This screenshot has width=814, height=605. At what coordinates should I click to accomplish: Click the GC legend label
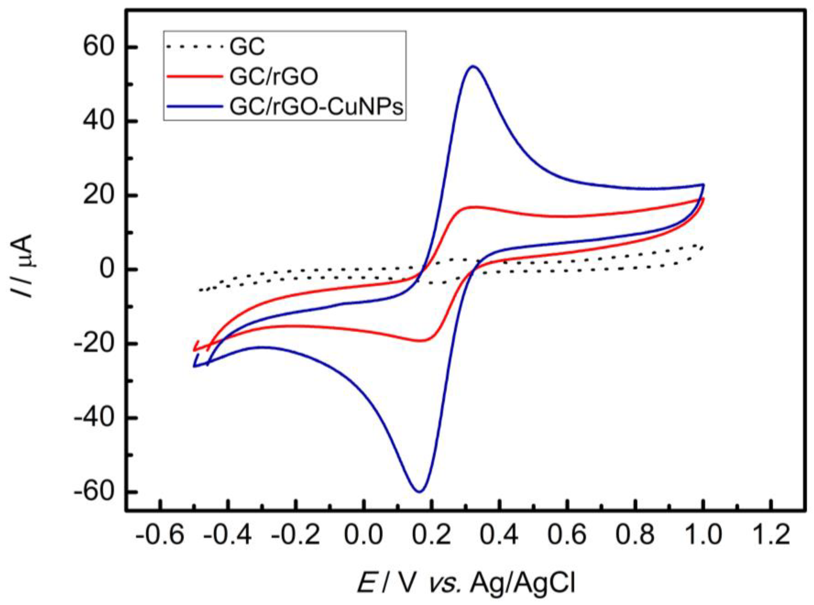coord(247,47)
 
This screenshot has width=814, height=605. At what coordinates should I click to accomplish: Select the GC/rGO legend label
coord(274,77)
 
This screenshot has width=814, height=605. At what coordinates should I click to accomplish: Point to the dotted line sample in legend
coord(195,47)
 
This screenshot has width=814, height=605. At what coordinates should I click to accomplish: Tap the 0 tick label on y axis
coord(108,270)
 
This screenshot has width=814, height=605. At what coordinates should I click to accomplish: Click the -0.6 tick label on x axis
coord(160,535)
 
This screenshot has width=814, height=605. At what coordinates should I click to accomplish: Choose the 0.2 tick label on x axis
coord(432,535)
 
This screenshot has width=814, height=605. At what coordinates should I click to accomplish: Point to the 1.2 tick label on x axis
coord(772,535)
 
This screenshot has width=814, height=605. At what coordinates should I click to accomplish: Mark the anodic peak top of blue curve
coord(473,66)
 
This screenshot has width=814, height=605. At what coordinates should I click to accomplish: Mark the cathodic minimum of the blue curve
coord(420,491)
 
